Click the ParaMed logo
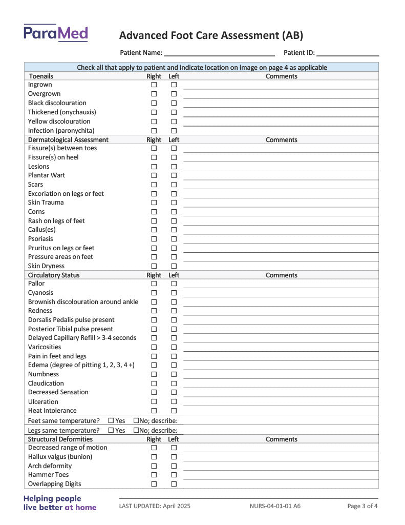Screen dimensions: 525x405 55,33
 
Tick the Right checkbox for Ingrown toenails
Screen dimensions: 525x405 154,85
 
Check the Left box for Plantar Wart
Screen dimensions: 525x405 174,175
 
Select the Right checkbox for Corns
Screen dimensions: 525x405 154,212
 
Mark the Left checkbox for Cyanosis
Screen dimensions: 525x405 174,293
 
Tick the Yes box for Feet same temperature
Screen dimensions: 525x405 111,421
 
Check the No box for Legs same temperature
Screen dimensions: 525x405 136,430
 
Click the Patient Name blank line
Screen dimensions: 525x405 219,53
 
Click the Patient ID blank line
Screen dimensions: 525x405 347,53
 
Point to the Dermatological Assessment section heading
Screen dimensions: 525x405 68,139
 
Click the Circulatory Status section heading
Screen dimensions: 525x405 54,275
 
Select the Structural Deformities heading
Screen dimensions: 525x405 60,439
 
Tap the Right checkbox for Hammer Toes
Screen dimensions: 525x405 154,475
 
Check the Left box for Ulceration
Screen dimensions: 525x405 174,401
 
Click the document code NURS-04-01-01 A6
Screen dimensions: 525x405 275,506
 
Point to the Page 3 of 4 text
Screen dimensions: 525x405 363,506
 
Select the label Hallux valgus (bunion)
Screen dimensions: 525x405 60,457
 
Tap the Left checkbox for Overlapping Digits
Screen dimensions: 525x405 174,484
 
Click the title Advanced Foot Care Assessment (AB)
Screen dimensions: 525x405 211,35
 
